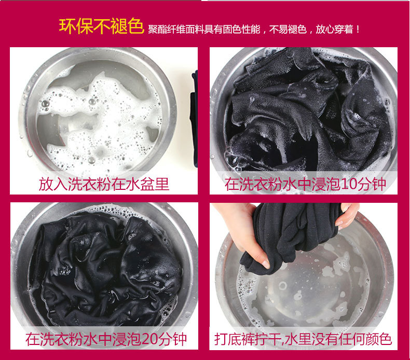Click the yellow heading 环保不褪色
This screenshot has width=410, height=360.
point(101,26)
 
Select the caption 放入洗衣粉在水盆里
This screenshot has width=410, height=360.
point(104,184)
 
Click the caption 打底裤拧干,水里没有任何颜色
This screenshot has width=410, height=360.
point(303,339)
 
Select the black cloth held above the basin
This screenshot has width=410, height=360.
point(290,236)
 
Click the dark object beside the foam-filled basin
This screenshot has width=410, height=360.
point(194,118)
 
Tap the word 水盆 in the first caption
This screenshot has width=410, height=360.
point(141,184)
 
